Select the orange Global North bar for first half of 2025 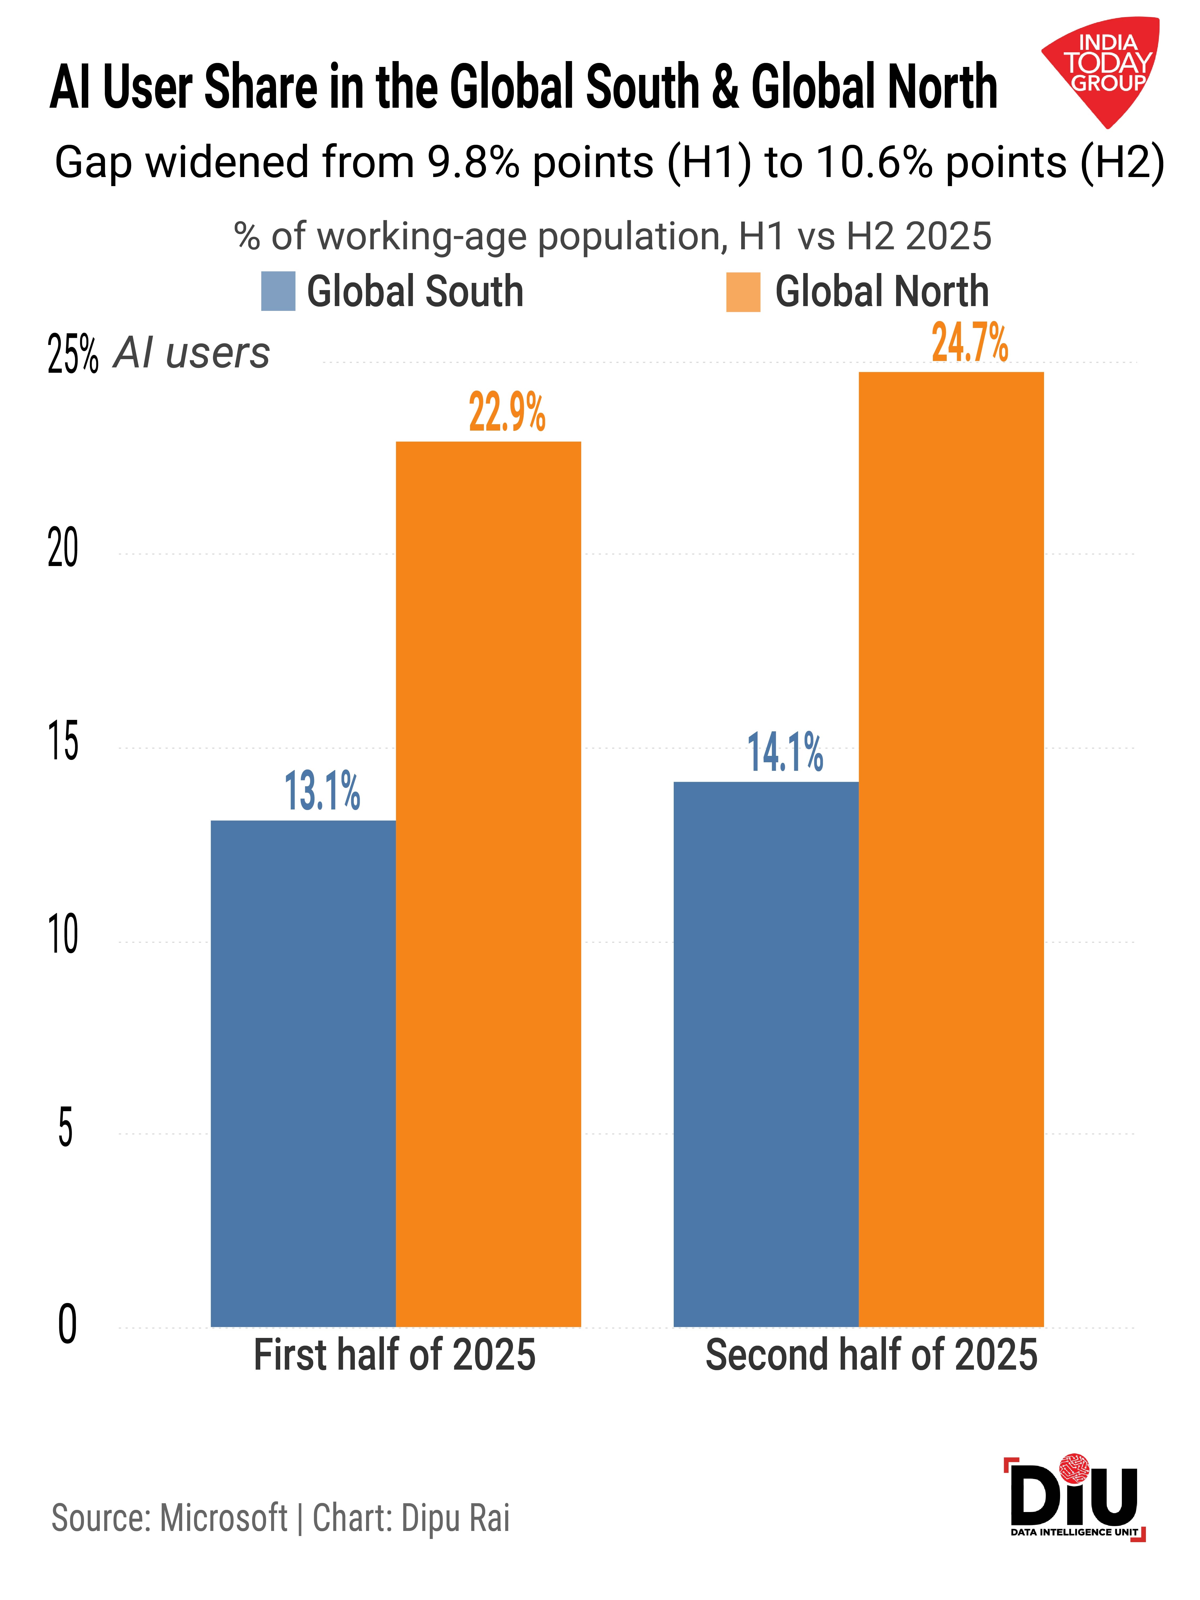488,884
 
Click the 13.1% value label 322,791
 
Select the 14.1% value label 785,752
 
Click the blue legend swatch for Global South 278,291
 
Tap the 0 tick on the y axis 67,1325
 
